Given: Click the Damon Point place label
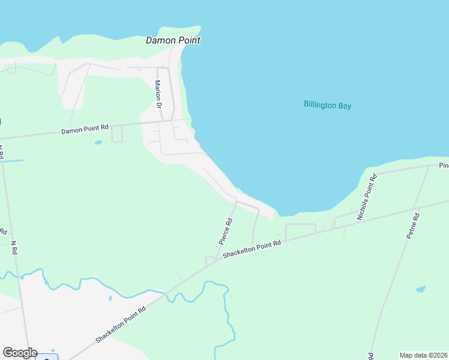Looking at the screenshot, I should [x=173, y=40].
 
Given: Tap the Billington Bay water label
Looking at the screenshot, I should [x=327, y=106].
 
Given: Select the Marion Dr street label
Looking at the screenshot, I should [x=159, y=94].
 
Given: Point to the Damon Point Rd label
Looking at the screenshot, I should [x=85, y=128].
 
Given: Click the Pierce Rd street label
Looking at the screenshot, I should [x=226, y=230].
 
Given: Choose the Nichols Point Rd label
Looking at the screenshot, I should [x=367, y=197].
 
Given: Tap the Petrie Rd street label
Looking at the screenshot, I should [x=412, y=226].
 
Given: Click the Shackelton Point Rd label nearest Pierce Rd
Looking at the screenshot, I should [x=252, y=250].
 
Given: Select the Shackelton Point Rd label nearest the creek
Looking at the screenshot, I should [x=121, y=326].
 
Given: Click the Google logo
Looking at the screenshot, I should [x=20, y=353].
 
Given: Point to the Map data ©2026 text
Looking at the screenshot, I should [x=424, y=355].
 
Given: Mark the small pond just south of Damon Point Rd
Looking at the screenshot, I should [x=98, y=143].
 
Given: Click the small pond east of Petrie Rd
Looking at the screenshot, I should [x=421, y=289].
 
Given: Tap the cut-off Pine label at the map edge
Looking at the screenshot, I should [x=444, y=165].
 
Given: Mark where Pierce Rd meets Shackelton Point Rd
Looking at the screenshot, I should [x=217, y=260].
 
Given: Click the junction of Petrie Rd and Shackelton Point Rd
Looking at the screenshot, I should [x=420, y=207].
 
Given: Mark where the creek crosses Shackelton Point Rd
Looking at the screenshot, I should [x=167, y=293].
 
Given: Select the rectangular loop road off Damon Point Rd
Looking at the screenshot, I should [x=117, y=134].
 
